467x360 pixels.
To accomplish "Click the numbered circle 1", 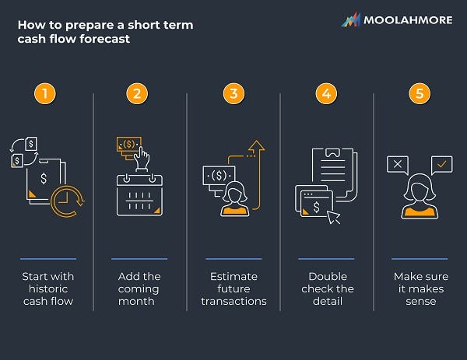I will (46, 94).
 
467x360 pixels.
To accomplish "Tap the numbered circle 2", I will (137, 94).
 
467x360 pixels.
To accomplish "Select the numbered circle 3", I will (233, 94).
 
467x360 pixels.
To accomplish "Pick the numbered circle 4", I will (326, 94).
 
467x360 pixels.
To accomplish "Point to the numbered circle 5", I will (420, 94).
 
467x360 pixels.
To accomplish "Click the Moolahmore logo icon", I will (350, 20).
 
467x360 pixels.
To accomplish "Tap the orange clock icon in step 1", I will (65, 200).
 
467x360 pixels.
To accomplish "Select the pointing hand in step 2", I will (142, 158).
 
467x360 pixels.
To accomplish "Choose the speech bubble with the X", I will (397, 164).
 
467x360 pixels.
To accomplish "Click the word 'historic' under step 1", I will (47, 289).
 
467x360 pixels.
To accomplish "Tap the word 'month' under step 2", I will (139, 301).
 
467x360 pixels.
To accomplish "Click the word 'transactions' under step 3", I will (233, 301).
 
